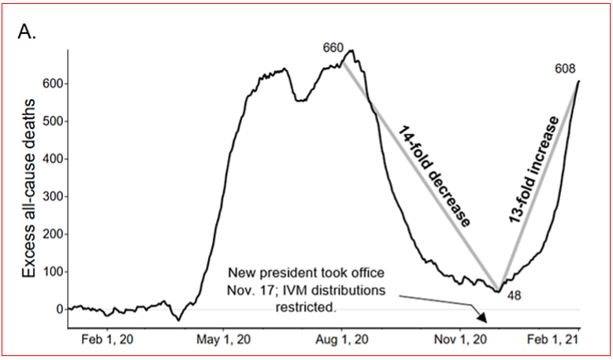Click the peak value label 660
pyautogui.click(x=333, y=48)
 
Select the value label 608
pyautogui.click(x=566, y=68)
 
